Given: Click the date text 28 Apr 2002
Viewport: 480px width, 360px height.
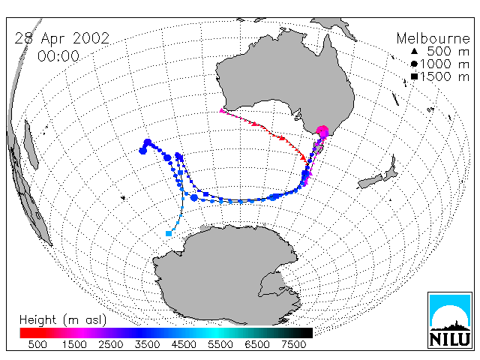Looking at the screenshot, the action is pyautogui.click(x=62, y=38).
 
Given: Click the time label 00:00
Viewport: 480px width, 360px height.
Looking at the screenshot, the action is pyautogui.click(x=58, y=56).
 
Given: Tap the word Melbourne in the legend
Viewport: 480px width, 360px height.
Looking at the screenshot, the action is pyautogui.click(x=433, y=38).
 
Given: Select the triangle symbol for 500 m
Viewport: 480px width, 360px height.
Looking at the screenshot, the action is pyautogui.click(x=414, y=51).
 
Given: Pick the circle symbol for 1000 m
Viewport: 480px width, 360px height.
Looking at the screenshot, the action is pyautogui.click(x=414, y=64).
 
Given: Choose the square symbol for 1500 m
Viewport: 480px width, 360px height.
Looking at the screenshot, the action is pyautogui.click(x=414, y=76).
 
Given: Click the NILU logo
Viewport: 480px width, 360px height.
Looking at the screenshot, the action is pyautogui.click(x=450, y=320).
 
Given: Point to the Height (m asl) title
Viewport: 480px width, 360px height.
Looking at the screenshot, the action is pyautogui.click(x=63, y=320).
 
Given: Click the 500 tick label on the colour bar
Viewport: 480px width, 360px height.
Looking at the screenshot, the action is pyautogui.click(x=37, y=345).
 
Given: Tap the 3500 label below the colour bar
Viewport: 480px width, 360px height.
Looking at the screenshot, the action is pyautogui.click(x=147, y=345).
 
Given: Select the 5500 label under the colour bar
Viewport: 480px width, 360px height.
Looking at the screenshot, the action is pyautogui.click(x=220, y=345).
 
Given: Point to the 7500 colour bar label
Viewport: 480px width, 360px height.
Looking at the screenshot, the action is pyautogui.click(x=293, y=345).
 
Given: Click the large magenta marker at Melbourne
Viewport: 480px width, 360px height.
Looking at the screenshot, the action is pyautogui.click(x=322, y=132).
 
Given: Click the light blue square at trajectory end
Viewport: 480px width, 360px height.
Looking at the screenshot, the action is pyautogui.click(x=168, y=233).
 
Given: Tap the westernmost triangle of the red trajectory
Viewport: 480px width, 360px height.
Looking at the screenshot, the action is pyautogui.click(x=222, y=110).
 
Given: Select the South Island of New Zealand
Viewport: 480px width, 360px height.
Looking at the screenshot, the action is pyautogui.click(x=370, y=181).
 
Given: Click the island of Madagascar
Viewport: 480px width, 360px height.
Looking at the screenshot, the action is pyautogui.click(x=31, y=145).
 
